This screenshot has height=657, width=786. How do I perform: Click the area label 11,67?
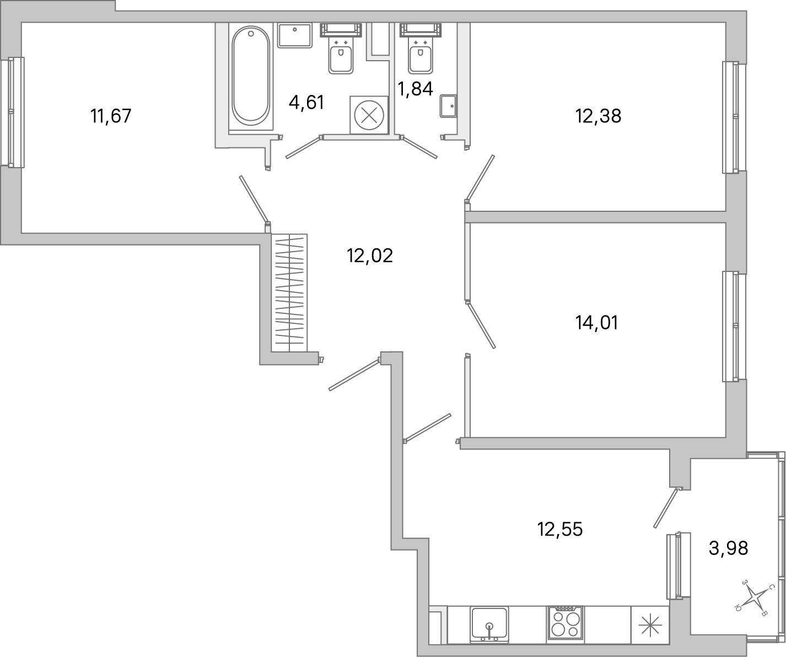pyautogui.click(x=111, y=116)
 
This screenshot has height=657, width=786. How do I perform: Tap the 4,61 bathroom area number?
pyautogui.click(x=306, y=102)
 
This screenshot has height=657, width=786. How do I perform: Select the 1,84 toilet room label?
pyautogui.click(x=415, y=88)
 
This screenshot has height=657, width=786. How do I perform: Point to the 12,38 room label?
pyautogui.click(x=598, y=116)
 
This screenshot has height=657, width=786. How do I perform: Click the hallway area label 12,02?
pyautogui.click(x=369, y=255)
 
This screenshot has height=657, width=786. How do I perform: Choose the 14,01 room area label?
pyautogui.click(x=596, y=322)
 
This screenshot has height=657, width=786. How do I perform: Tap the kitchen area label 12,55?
pyautogui.click(x=560, y=529)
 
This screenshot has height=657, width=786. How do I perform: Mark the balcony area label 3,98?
pyautogui.click(x=728, y=548)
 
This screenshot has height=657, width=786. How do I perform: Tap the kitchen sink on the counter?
pyautogui.click(x=489, y=624)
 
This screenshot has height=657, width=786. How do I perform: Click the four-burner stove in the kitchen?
pyautogui.click(x=566, y=624)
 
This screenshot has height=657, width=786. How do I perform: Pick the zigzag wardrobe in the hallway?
pyautogui.click(x=289, y=292)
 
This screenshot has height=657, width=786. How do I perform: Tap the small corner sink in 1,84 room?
pyautogui.click(x=448, y=106)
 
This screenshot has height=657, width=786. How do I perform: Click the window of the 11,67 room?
pyautogui.click(x=12, y=112)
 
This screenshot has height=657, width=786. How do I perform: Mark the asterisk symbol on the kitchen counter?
pyautogui.click(x=649, y=625)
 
